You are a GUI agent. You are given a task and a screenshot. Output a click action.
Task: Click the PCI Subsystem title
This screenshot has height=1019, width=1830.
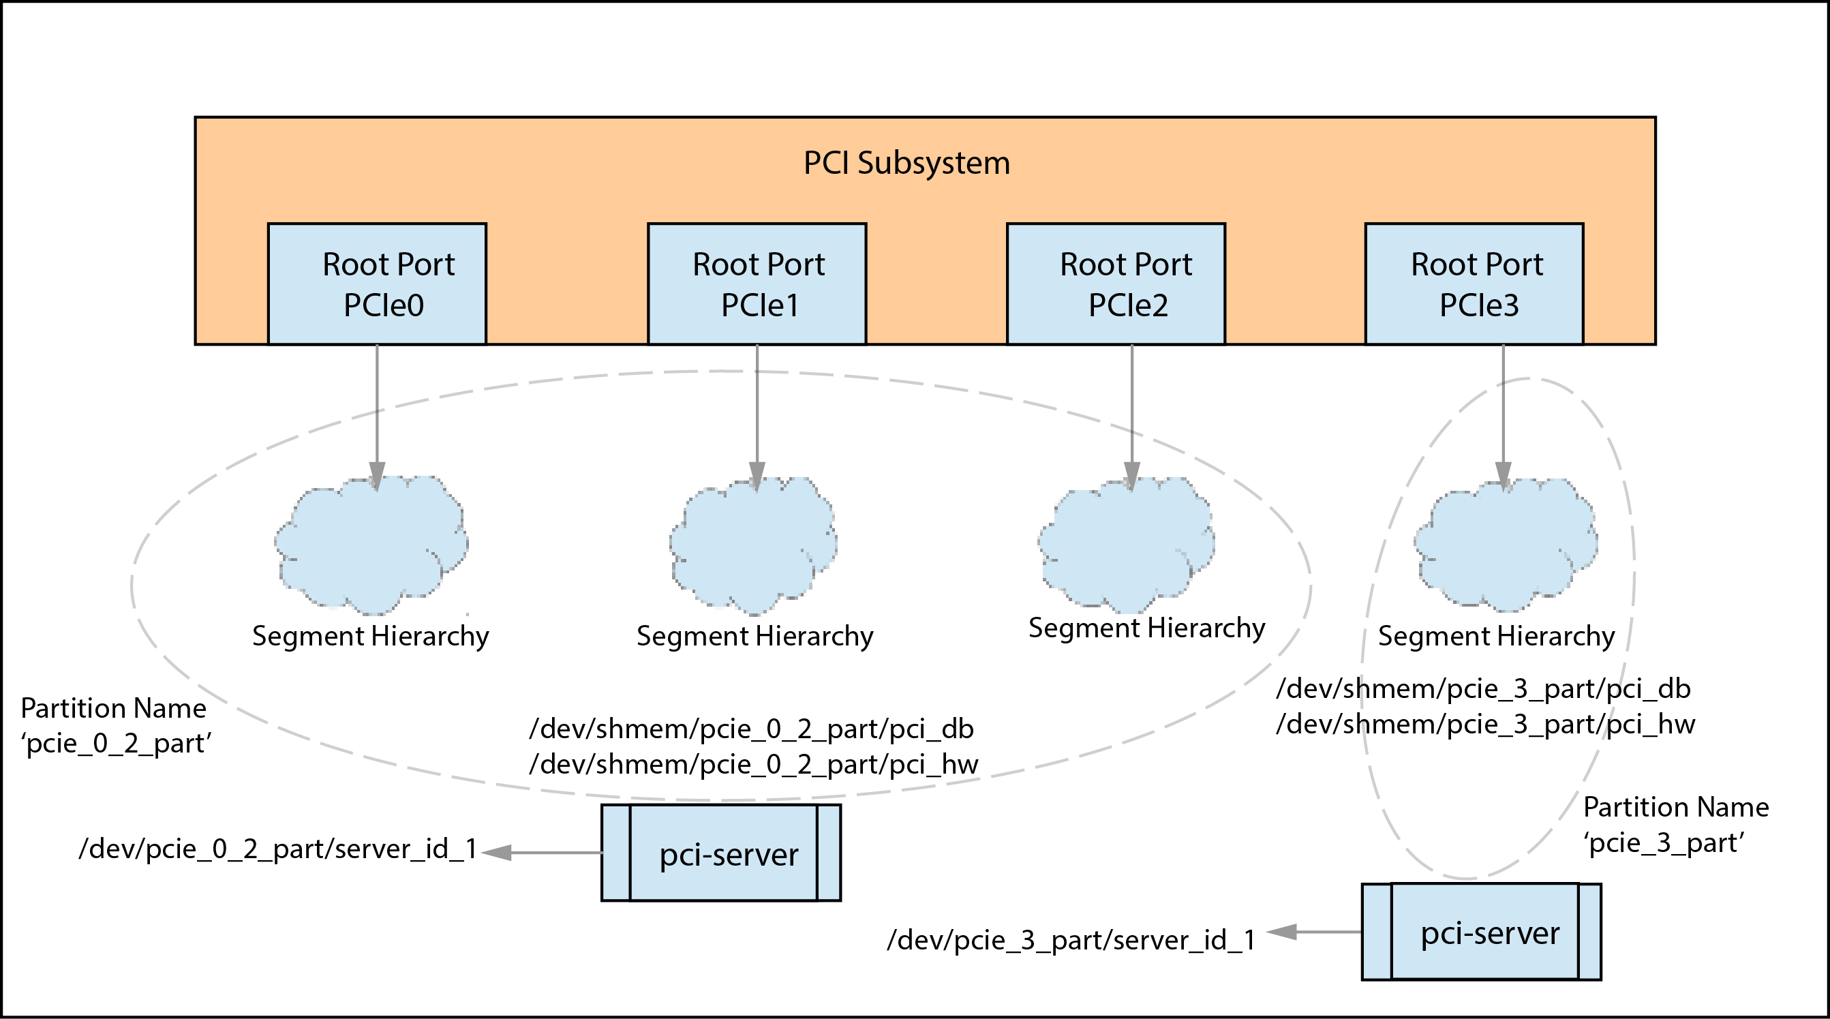(x=906, y=163)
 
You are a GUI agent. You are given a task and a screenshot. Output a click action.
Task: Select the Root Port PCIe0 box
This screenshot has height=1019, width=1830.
(x=376, y=284)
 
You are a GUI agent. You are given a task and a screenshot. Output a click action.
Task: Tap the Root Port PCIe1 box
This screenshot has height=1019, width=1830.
(x=757, y=284)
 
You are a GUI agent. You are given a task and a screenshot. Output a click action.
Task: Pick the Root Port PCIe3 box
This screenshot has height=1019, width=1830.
(x=1474, y=284)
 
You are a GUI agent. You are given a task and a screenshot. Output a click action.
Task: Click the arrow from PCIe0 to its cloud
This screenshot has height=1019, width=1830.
(x=377, y=412)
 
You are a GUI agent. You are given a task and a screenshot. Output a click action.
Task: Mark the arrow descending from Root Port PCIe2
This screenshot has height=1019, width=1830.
(x=1131, y=412)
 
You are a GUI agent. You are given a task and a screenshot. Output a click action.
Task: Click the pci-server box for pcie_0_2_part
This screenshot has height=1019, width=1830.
(x=721, y=853)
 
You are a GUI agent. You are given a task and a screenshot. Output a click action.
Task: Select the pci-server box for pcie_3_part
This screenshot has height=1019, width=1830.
(x=1481, y=932)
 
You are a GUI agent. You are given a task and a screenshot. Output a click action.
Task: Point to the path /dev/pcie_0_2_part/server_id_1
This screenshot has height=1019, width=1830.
(x=277, y=849)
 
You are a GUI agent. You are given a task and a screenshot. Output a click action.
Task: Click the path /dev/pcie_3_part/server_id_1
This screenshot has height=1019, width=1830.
(x=1071, y=940)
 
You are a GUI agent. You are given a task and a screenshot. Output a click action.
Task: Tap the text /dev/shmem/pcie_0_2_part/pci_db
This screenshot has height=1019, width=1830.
(x=751, y=729)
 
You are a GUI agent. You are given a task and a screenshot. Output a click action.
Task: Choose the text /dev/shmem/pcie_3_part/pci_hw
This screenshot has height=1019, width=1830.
(x=1485, y=724)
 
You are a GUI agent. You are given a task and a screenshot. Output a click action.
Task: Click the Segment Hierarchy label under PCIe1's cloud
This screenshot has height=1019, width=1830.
(x=754, y=636)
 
